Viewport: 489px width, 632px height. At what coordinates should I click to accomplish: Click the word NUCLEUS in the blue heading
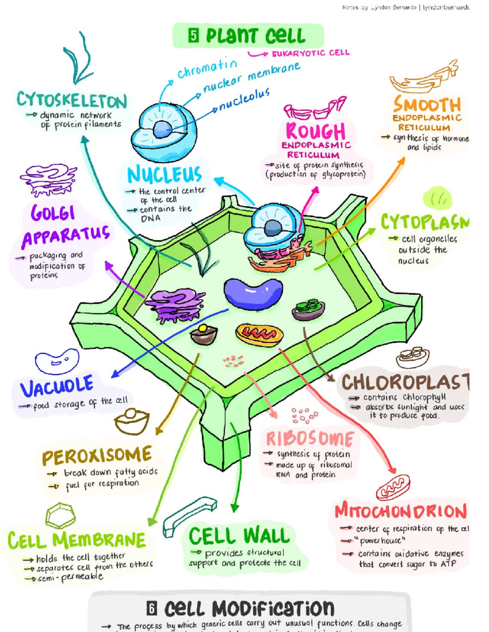point(165,175)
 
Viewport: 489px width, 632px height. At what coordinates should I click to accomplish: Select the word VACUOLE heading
point(57,387)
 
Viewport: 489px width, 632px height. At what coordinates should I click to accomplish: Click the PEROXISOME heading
point(97,456)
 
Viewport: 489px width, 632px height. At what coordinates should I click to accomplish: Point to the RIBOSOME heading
point(310,439)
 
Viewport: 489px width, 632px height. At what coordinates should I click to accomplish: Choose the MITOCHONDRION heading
point(401,511)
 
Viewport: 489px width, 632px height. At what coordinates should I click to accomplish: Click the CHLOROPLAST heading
point(405,383)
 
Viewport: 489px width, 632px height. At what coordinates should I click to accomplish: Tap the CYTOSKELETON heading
point(72,100)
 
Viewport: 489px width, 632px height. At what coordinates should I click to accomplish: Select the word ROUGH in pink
point(316,131)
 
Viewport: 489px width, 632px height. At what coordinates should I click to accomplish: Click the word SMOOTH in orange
point(427,105)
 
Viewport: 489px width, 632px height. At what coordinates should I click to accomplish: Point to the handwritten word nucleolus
point(244,100)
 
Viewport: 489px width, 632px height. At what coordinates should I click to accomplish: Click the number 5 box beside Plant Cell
point(194,36)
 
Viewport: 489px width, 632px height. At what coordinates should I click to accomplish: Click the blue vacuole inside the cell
point(253,293)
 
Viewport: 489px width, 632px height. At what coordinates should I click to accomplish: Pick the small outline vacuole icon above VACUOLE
point(57,361)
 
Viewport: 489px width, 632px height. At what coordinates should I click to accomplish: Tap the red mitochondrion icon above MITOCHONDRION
point(393,488)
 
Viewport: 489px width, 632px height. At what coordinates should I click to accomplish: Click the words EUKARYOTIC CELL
point(311,53)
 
